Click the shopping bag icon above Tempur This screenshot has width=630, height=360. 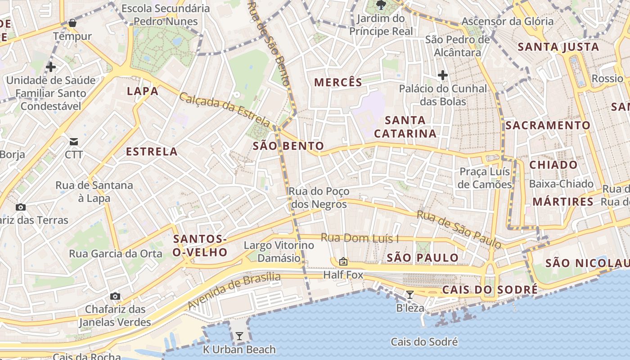[x=72, y=23]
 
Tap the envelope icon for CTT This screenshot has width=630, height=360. [x=74, y=142]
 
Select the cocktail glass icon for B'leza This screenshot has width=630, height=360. [x=409, y=295]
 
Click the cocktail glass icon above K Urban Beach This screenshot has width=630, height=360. [x=239, y=336]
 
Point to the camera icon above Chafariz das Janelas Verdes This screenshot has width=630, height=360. [x=115, y=296]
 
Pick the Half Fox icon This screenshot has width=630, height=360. [x=343, y=261]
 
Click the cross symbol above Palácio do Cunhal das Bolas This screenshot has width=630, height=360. [x=443, y=75]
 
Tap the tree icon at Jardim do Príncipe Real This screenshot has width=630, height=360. [x=381, y=5]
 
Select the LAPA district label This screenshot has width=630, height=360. [x=143, y=91]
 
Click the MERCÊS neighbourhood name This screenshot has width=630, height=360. [x=338, y=82]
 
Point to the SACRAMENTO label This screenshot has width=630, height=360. [x=548, y=126]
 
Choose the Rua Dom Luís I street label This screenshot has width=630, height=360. [x=360, y=238]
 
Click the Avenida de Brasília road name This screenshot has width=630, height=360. [x=234, y=290]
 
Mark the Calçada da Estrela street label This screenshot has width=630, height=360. [x=225, y=109]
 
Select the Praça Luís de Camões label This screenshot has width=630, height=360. [x=485, y=178]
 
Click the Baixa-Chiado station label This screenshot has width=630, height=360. [x=561, y=184]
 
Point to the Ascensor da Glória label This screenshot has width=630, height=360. [x=508, y=21]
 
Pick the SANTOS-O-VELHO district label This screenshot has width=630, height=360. [x=200, y=246]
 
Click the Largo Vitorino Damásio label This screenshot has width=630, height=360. [x=279, y=252]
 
